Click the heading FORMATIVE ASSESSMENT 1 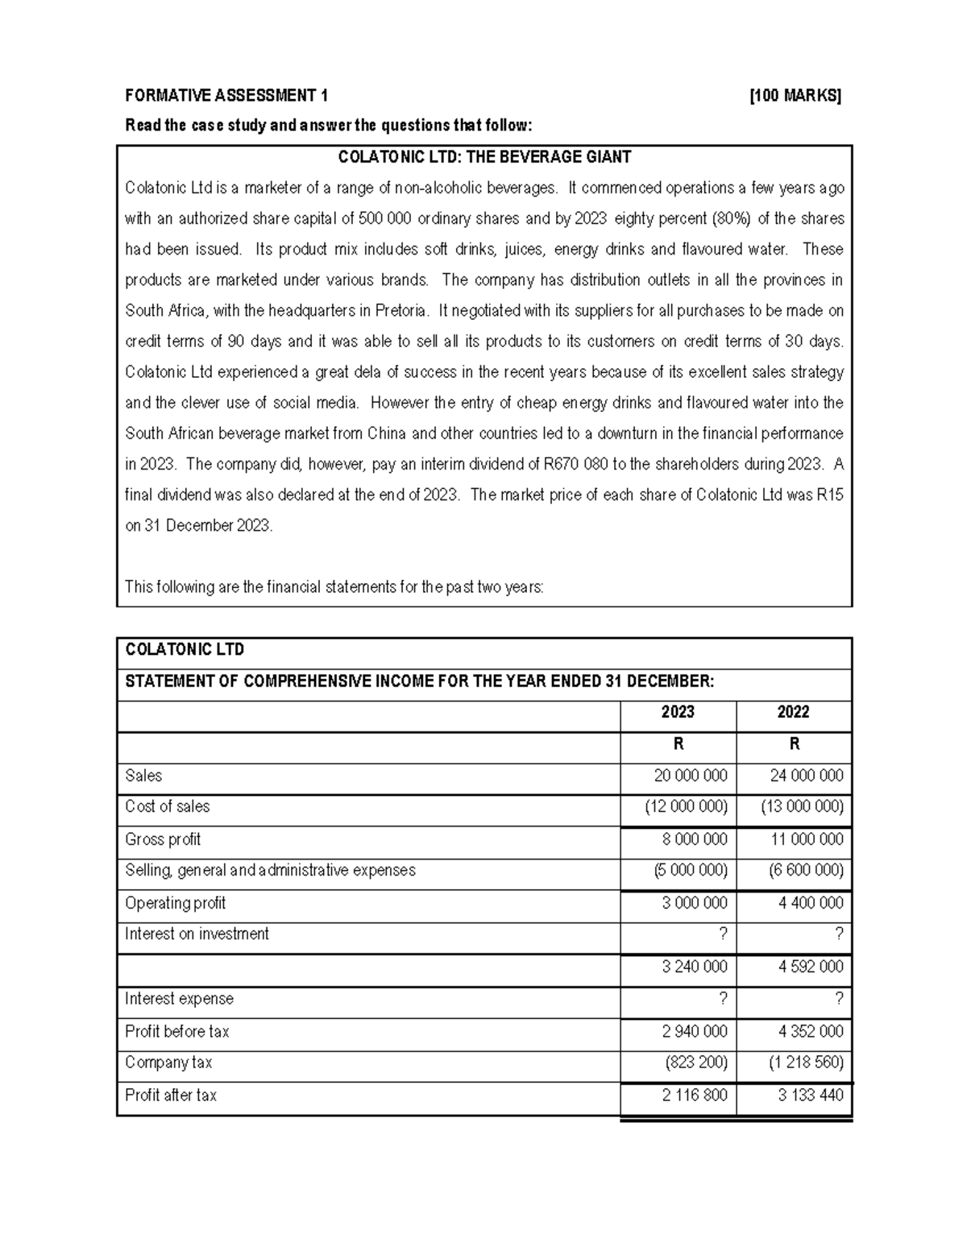(226, 97)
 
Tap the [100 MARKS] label (795, 97)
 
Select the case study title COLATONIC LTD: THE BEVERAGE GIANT (484, 157)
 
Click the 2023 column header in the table (678, 712)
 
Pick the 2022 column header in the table (794, 712)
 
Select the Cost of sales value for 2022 (802, 807)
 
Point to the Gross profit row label (163, 839)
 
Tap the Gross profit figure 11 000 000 (807, 839)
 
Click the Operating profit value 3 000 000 (694, 903)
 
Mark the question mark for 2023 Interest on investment (722, 934)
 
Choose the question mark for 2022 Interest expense (839, 999)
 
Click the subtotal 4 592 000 (811, 967)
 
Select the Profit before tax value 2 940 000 (694, 1032)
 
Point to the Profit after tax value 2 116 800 (694, 1096)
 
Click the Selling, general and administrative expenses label (270, 871)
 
